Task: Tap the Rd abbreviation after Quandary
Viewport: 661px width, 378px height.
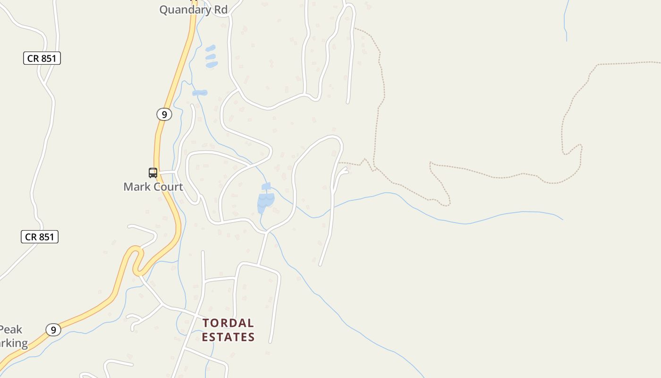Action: (x=219, y=9)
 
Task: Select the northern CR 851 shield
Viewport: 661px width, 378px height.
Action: (x=42, y=58)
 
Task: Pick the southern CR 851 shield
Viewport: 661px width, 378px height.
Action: (x=40, y=237)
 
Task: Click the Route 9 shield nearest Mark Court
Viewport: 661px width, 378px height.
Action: (x=164, y=114)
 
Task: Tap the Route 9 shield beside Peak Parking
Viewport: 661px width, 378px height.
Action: (x=53, y=330)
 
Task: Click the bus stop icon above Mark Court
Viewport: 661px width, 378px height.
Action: (x=153, y=172)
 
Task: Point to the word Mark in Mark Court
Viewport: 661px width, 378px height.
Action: (x=136, y=187)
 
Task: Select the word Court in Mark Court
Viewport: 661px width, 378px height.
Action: (x=167, y=187)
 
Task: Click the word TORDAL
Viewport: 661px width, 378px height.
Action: (x=229, y=323)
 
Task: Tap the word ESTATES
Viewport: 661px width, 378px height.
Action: (x=229, y=337)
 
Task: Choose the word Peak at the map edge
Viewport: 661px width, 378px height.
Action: (x=10, y=329)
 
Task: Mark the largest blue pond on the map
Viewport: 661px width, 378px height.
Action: (x=265, y=202)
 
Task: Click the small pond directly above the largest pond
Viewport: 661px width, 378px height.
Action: (x=266, y=186)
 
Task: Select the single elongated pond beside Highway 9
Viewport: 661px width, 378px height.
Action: (x=200, y=93)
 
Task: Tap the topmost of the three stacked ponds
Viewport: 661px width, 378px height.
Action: (x=210, y=48)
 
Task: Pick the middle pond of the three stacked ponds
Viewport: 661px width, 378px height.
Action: (x=211, y=57)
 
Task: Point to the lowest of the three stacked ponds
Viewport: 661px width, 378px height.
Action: (x=212, y=64)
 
